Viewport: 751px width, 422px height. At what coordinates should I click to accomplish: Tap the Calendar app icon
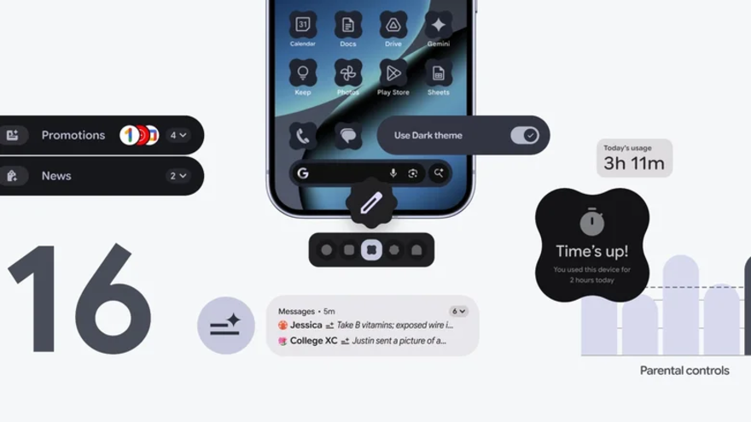(x=303, y=25)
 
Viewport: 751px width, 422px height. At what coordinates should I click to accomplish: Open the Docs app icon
(x=348, y=25)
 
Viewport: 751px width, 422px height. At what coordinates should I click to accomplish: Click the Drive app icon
(x=393, y=25)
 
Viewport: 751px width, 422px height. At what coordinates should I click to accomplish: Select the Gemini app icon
(x=439, y=25)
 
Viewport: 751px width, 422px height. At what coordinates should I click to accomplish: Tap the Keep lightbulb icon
(x=303, y=73)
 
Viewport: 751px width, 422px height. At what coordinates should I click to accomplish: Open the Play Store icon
(x=393, y=73)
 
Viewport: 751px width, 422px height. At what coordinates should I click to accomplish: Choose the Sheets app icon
(x=439, y=73)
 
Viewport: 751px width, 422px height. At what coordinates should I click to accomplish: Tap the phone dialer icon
(x=302, y=135)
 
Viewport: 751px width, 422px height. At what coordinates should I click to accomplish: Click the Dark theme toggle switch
(x=524, y=135)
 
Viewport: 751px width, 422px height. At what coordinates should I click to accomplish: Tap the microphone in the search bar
(x=393, y=173)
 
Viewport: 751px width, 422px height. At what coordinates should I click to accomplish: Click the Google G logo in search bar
(x=303, y=173)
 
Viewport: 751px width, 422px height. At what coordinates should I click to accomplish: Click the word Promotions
(x=73, y=135)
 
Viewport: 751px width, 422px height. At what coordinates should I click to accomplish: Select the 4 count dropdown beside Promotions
(x=178, y=135)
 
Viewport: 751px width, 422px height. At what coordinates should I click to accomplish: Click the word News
(x=56, y=176)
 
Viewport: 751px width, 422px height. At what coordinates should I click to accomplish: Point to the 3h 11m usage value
(x=634, y=163)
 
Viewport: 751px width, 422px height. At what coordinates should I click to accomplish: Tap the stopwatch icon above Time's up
(x=591, y=222)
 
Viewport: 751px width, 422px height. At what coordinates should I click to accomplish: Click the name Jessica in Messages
(x=306, y=325)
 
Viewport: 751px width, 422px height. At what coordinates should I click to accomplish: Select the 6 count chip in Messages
(x=458, y=312)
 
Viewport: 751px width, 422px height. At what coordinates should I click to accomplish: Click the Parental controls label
(x=684, y=371)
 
